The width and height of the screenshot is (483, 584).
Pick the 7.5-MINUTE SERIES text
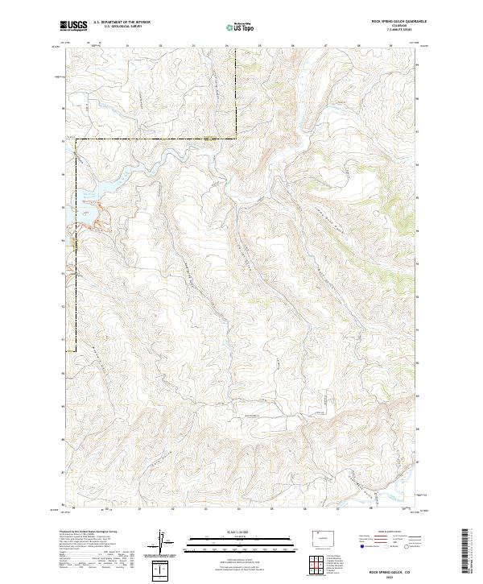click(392, 31)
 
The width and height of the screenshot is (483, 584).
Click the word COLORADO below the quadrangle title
click(392, 27)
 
